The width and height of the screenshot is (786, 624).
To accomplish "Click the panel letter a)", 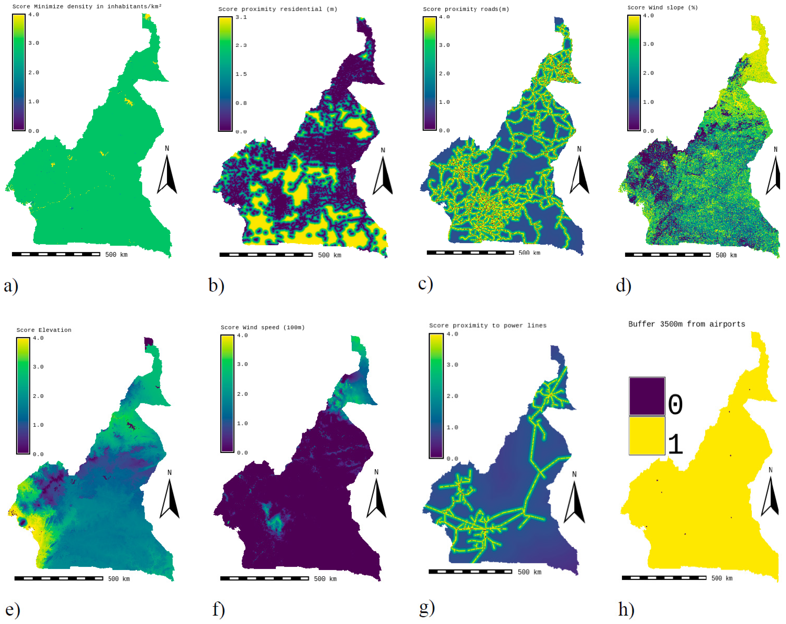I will tap(11, 286).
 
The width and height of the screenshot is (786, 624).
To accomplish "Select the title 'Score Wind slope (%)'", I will tap(662, 7).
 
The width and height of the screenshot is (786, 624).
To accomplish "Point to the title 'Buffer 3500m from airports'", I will tap(686, 324).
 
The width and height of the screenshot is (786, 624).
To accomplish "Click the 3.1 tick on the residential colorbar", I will tap(241, 17).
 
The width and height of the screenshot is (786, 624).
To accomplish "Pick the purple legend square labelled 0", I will tap(647, 396).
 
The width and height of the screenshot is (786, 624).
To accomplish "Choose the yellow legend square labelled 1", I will tap(647, 436).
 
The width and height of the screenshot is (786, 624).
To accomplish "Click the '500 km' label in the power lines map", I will tap(529, 572).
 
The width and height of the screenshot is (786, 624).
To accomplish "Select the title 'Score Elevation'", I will tap(44, 330).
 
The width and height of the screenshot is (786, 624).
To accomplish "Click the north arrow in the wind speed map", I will tap(376, 498).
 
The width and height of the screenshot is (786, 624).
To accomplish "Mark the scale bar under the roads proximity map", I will tap(470, 252).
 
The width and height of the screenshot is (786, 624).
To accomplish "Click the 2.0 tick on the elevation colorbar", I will tap(38, 396).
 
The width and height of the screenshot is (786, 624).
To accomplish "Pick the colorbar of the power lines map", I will tap(436, 396).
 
